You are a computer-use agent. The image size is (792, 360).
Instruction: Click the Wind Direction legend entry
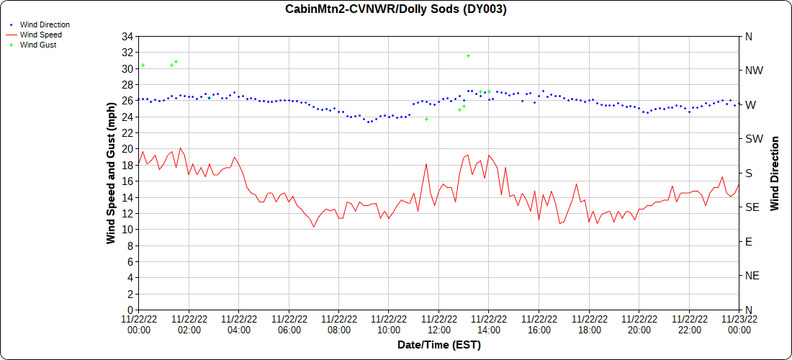pos(45,24)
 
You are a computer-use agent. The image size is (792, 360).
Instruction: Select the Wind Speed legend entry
pos(41,35)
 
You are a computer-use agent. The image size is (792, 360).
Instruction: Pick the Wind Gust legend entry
pos(38,45)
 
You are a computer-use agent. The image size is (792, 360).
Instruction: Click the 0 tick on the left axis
pos(131,310)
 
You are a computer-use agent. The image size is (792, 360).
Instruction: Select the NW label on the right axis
pos(753,71)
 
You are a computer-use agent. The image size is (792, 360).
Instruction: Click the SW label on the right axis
pos(752,139)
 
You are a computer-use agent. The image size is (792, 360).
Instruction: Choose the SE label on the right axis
pos(752,207)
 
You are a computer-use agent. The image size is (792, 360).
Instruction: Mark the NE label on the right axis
pos(752,275)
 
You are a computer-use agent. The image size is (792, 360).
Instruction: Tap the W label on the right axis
pos(750,105)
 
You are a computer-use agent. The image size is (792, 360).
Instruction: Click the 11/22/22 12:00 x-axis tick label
pos(438,325)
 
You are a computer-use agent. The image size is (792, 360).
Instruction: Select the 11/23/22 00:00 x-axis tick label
pos(739,325)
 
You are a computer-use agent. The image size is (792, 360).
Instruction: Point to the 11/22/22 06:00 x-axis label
pos(289,325)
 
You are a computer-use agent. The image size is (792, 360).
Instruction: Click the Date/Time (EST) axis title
pos(438,345)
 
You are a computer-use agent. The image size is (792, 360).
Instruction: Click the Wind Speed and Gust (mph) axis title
pos(111,173)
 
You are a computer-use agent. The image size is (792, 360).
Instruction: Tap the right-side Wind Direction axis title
pos(775,173)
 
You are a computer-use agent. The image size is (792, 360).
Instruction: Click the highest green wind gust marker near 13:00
pos(468,55)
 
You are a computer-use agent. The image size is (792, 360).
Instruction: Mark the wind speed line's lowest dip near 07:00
pos(314,228)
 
